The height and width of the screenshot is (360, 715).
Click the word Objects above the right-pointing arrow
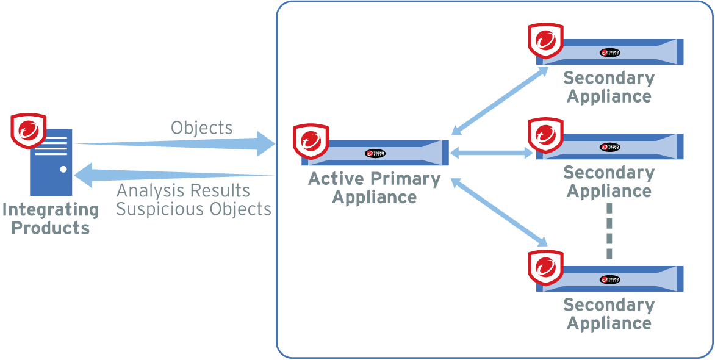pos(201,128)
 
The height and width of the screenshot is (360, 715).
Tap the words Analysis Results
pos(183,191)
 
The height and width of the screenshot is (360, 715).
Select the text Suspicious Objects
pos(193,209)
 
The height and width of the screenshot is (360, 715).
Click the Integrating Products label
pos(50,218)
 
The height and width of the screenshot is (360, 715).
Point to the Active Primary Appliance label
pos(374,188)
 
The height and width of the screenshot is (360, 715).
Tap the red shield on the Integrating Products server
pos(29,130)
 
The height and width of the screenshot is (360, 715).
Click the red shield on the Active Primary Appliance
pos(311,142)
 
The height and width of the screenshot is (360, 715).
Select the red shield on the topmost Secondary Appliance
pos(545,40)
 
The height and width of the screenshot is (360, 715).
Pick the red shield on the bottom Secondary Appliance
pos(545,268)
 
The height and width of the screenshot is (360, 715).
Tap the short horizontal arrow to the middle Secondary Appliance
pos(492,154)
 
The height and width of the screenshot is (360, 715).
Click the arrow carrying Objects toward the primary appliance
pos(177,145)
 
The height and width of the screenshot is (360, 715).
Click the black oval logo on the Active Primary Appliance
pos(375,154)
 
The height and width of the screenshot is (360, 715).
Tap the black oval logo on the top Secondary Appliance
pos(609,53)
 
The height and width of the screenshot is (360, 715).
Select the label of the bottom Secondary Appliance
pos(609,314)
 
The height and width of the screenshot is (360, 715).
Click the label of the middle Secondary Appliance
pos(609,182)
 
